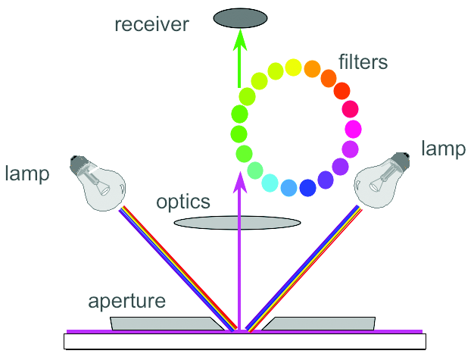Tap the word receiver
point(152,25)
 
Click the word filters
point(363,60)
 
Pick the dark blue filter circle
point(308,187)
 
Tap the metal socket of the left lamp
point(76,163)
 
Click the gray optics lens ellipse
point(237,223)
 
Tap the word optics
point(184,202)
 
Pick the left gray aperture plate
point(167,324)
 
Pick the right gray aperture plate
point(318,324)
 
